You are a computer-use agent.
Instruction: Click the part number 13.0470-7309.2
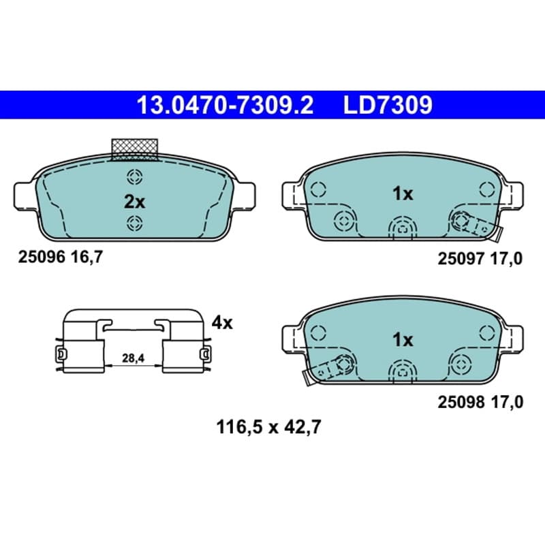225,105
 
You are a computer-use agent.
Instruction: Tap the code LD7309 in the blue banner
388,105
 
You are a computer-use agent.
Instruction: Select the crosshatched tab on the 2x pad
134,150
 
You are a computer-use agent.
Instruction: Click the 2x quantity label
134,202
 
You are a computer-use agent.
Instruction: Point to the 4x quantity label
222,323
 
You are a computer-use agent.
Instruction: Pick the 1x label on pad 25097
403,193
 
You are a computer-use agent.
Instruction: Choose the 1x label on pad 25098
403,339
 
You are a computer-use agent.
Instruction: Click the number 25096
42,258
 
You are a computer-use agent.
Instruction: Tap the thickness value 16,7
87,258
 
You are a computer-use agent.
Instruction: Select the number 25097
461,259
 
